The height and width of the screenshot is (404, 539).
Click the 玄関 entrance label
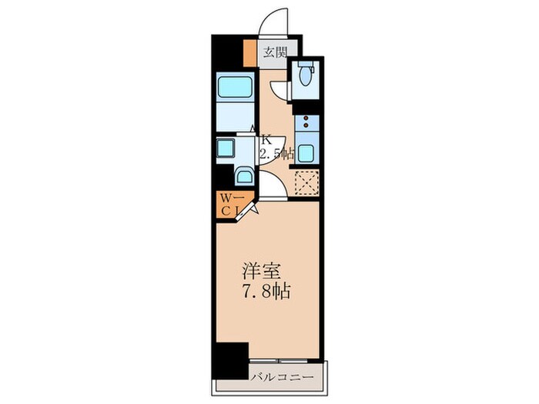point(275,53)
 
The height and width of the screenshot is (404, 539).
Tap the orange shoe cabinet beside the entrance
point(250,53)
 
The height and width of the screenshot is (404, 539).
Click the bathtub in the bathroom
point(235,87)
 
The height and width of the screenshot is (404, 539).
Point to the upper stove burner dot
point(306,119)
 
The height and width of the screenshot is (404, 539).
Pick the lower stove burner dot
point(306,125)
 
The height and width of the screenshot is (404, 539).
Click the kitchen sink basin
point(305,153)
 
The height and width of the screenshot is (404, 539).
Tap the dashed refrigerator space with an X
point(307,182)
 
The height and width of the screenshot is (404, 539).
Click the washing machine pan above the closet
point(244,176)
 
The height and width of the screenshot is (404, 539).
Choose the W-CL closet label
point(233,205)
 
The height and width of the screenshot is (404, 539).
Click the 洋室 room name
point(263,272)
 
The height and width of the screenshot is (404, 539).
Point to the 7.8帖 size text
point(267,292)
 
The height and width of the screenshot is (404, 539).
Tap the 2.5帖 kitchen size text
point(276,154)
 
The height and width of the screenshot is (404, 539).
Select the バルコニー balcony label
point(282,378)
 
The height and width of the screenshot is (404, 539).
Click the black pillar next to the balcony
point(230,360)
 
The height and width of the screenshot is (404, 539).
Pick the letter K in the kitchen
point(266,139)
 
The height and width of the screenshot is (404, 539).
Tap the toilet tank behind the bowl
point(305,64)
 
